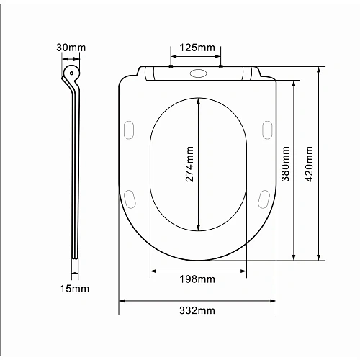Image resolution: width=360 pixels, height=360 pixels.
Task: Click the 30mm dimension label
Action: coord(71,48)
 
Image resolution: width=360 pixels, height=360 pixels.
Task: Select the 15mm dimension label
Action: coord(75,289)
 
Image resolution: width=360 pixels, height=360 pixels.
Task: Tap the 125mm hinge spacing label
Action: coord(196,48)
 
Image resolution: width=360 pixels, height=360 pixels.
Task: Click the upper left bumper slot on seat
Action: coord(130,128)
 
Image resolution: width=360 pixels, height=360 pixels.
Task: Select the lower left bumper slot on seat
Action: coord(130,197)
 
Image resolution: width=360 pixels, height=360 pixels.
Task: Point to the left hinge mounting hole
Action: coord(171,68)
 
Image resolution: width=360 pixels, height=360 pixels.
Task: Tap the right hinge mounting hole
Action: coord(220,68)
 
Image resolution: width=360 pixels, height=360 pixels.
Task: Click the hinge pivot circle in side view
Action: coord(71,73)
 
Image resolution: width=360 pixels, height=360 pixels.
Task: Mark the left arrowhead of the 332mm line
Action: coord(122,301)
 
